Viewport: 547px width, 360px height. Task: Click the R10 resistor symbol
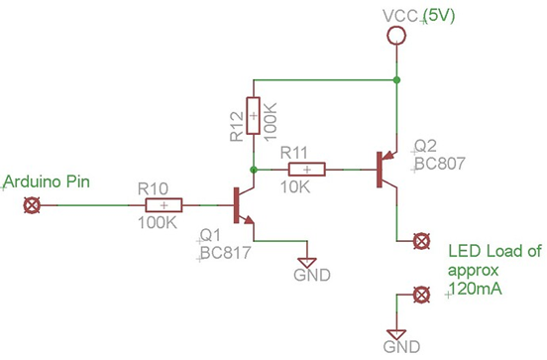point(164,205)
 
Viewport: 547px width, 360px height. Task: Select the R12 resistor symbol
point(253,115)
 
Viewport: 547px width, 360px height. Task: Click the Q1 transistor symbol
point(241,205)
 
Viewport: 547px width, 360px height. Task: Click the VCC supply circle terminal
point(395,37)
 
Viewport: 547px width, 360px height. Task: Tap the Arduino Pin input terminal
point(32,205)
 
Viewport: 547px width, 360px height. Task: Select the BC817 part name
point(224,253)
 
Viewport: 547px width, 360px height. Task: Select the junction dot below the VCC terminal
point(395,78)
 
